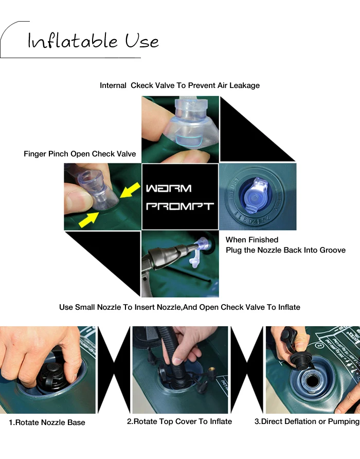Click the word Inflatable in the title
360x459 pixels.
(73, 41)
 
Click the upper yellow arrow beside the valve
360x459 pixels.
(130, 190)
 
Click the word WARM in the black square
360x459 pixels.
(169, 188)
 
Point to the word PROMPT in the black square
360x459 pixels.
(180, 206)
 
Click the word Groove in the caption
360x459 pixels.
(333, 250)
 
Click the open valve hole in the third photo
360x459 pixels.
(312, 381)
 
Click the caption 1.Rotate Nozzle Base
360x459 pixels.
(47, 422)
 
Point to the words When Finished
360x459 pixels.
(252, 240)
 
